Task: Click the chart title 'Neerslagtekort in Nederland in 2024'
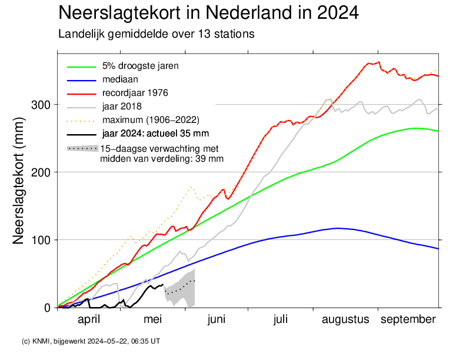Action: [x=208, y=13]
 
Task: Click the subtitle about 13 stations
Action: [x=156, y=34]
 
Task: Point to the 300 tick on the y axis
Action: [x=44, y=105]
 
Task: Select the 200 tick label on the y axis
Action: [x=44, y=172]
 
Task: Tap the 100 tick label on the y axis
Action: [x=44, y=240]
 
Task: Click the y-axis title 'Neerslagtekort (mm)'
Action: [x=19, y=187]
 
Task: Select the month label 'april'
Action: [x=89, y=319]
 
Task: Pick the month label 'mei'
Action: [x=153, y=319]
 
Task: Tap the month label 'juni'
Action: [x=217, y=319]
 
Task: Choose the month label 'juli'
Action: [x=281, y=319]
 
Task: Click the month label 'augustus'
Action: [x=345, y=319]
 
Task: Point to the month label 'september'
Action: [x=408, y=319]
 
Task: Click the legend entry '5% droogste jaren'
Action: [x=140, y=65]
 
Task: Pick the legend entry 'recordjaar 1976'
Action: [x=136, y=92]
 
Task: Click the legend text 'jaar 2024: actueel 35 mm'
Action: [x=155, y=133]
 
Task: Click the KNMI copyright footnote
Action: [x=90, y=341]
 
